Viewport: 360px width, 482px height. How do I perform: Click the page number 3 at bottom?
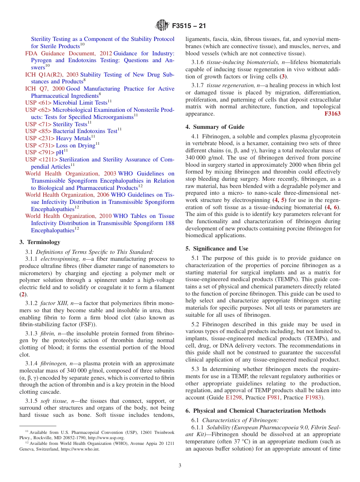(x=180, y=465)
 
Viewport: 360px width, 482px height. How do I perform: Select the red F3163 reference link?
(x=332, y=114)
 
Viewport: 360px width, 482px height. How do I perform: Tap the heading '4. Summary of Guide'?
(x=215, y=127)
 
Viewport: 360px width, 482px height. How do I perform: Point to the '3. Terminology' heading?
(x=39, y=242)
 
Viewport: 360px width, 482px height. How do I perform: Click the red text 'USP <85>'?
(x=38, y=131)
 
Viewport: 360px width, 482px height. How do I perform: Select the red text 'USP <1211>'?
(x=41, y=160)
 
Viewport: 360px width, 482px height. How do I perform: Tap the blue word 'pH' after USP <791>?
(x=59, y=152)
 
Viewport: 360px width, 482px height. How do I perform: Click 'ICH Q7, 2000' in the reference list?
(x=45, y=89)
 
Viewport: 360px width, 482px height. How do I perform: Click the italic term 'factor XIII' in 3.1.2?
(x=53, y=303)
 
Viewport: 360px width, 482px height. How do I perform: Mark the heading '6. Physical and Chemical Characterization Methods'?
(x=255, y=411)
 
